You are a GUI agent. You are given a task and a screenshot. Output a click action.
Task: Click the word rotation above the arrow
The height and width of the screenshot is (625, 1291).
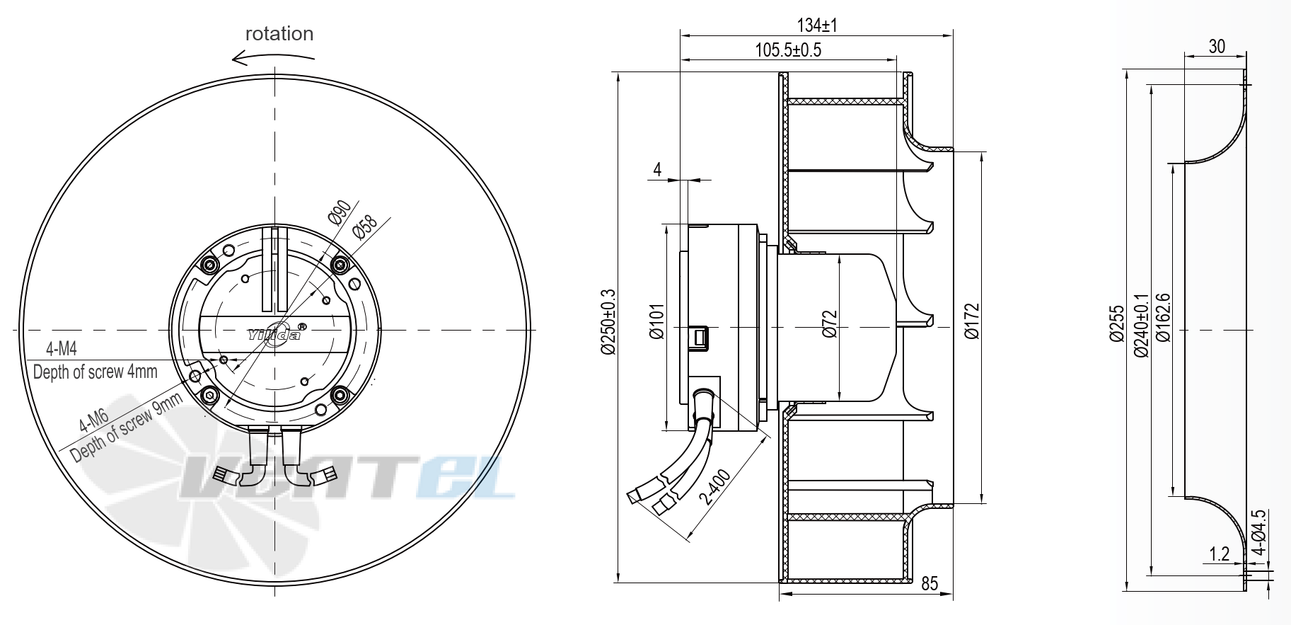[x=279, y=34]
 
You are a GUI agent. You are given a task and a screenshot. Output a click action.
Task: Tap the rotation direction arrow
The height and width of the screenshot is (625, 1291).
[x=272, y=59]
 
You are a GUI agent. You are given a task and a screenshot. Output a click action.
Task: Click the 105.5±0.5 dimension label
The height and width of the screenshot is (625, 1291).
[x=788, y=50]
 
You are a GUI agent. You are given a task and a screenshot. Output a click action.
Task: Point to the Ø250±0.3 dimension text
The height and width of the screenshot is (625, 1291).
[x=608, y=322]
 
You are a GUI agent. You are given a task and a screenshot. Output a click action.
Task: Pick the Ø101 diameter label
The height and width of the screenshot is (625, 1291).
[x=657, y=322]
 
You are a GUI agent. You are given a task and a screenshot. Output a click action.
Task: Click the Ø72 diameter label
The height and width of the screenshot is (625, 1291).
[x=830, y=324]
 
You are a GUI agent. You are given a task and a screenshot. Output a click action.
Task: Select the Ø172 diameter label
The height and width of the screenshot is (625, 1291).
[x=972, y=322]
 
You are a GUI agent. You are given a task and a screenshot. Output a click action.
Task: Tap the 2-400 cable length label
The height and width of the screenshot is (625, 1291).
[x=714, y=487]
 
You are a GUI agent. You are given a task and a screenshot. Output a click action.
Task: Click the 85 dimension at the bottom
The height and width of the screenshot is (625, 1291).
[x=929, y=583]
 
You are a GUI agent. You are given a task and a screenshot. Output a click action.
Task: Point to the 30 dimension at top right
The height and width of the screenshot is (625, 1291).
[x=1216, y=47]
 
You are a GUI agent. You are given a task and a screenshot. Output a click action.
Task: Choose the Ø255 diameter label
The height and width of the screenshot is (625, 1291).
[x=1116, y=323]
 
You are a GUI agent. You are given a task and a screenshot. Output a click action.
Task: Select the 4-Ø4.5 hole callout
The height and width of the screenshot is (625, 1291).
[x=1258, y=532]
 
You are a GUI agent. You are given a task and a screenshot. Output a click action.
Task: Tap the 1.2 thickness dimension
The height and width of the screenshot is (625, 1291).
[x=1219, y=554]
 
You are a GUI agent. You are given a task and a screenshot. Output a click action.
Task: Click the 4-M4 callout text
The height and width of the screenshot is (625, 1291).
[x=62, y=349]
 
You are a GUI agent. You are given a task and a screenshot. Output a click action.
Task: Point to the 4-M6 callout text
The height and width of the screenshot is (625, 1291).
[x=93, y=420]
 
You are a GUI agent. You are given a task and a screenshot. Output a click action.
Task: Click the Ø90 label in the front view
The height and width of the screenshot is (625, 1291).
[x=340, y=211]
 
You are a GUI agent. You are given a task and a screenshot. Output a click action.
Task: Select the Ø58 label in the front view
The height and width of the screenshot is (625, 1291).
[x=366, y=228]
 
